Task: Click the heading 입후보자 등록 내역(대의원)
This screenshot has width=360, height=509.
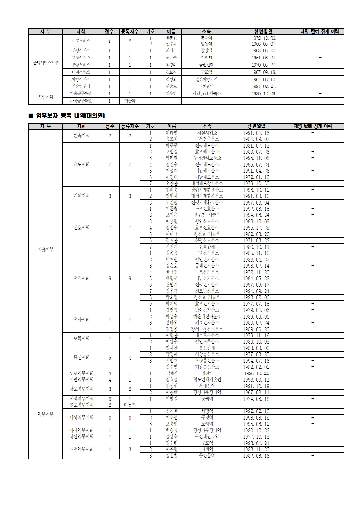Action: click(70, 116)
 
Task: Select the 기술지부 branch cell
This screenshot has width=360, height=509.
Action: click(45, 250)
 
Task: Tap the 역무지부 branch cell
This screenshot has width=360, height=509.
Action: click(45, 414)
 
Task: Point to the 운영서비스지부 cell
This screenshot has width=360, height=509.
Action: click(45, 63)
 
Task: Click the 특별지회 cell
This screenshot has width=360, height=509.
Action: click(45, 97)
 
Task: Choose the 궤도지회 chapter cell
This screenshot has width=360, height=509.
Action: click(81, 164)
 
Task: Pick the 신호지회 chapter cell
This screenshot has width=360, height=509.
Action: click(81, 228)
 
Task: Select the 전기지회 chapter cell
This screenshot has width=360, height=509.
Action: click(81, 278)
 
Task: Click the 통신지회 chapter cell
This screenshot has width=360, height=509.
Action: click(81, 357)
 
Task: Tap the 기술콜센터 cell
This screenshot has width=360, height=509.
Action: click(81, 86)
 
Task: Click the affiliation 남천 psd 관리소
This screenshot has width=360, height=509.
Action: click(206, 94)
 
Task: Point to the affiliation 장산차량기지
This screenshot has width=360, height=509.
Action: click(206, 79)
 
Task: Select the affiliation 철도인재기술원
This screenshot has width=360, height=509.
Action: click(207, 379)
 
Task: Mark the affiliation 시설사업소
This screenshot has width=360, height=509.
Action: click(207, 133)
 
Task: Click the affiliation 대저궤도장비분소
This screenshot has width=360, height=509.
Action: click(207, 184)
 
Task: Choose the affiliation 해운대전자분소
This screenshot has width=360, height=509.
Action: click(207, 316)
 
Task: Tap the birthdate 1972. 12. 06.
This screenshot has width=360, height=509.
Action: click(263, 38)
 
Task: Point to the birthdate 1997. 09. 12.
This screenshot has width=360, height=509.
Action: click(257, 285)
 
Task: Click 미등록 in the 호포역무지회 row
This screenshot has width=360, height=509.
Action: click(130, 405)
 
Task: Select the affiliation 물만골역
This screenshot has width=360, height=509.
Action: click(207, 456)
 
